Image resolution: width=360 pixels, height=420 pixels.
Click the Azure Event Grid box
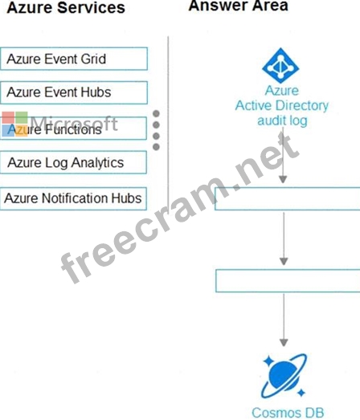pos(74,59)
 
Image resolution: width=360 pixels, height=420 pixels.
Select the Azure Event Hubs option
pos(74,92)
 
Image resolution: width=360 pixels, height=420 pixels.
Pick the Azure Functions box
pos(73,128)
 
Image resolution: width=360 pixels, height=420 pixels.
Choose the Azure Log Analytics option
pos(73,162)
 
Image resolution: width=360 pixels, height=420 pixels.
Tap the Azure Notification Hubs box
pos(73,198)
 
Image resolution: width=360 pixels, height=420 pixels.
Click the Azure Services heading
pos(66,7)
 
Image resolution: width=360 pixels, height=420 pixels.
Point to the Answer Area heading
pos(239,6)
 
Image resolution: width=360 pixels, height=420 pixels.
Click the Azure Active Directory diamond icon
pos(280,65)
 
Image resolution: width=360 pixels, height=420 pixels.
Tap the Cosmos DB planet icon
pos(284,376)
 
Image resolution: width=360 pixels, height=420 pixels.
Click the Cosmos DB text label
pos(288,413)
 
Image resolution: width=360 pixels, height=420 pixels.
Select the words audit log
pos(282,121)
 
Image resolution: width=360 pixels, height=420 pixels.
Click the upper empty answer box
pos(288,198)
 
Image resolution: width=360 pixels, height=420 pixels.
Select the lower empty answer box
pos(288,281)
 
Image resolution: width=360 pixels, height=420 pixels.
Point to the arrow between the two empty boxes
pos(284,239)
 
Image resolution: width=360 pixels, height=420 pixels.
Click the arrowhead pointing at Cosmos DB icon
pos(284,343)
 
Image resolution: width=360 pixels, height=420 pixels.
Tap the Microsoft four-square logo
pos(15,124)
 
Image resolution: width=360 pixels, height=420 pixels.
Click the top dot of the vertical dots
pos(156,113)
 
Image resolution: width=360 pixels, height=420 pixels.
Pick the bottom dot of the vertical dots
pos(156,147)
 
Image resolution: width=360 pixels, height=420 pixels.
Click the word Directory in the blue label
pos(302,105)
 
